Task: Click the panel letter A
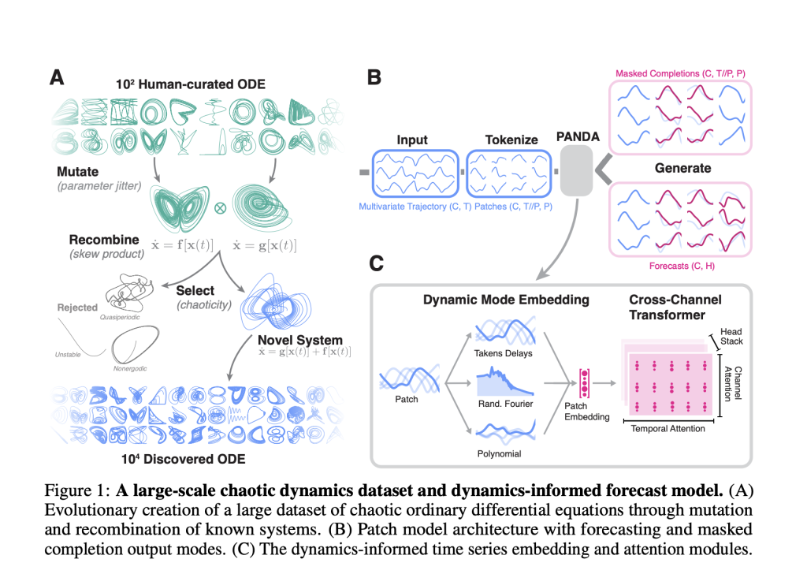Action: click(x=57, y=78)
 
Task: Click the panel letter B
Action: click(x=375, y=78)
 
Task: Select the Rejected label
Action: click(x=77, y=307)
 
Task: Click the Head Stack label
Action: click(x=731, y=337)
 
